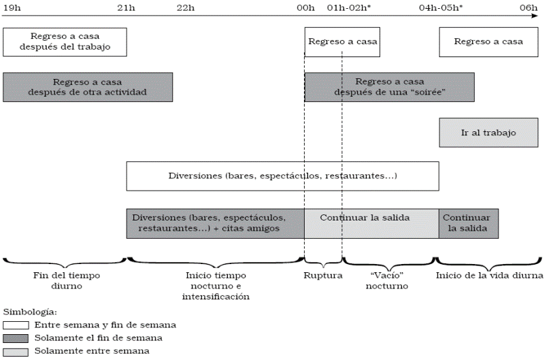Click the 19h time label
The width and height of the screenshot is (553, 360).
[12, 8]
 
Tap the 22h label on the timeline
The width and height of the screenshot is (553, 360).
[186, 8]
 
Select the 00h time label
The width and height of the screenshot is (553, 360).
[305, 8]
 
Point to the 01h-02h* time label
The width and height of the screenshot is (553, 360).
[348, 8]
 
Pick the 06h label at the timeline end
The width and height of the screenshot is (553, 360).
[529, 8]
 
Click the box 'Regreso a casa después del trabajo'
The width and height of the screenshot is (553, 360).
[65, 42]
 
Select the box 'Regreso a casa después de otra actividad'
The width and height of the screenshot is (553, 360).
[88, 87]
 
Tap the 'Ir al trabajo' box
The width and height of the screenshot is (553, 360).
[488, 133]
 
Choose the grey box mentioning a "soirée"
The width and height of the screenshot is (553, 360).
[389, 87]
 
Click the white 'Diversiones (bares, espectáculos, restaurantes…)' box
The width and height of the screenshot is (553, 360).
[282, 176]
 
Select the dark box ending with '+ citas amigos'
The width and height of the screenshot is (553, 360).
[215, 223]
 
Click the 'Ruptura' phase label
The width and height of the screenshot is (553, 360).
[322, 276]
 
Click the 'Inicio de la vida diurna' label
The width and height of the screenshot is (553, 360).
[489, 276]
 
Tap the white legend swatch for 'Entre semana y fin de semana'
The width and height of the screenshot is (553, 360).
[16, 326]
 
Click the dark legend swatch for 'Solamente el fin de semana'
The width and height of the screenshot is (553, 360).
[16, 339]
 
